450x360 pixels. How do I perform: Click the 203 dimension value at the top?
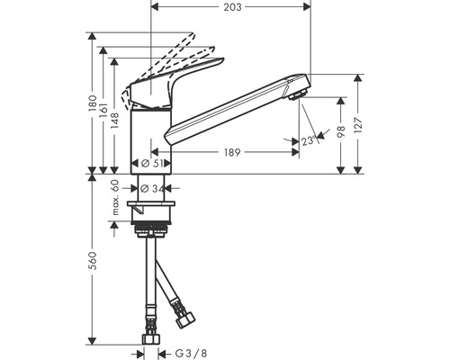[232, 7]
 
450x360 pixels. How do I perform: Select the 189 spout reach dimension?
[232, 152]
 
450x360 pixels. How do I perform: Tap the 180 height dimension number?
[93, 103]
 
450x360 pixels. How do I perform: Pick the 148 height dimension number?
[114, 121]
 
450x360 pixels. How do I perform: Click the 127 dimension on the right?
[358, 124]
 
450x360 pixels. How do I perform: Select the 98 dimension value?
[341, 131]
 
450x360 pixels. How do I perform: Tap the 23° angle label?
[309, 140]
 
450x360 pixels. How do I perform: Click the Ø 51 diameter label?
[152, 164]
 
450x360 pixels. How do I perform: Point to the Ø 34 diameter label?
[152, 188]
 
